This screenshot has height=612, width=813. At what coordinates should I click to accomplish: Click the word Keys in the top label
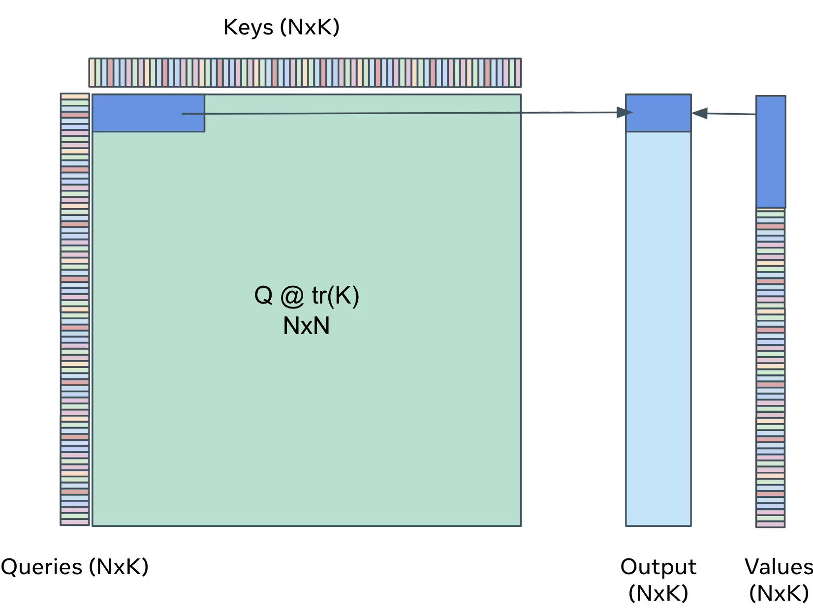(x=248, y=28)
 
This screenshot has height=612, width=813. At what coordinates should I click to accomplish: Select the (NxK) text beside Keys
(x=310, y=27)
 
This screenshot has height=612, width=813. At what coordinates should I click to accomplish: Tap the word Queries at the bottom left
(x=41, y=567)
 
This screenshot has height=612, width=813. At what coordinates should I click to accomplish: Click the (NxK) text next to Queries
(x=119, y=566)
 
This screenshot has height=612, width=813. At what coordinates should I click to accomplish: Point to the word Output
(x=658, y=567)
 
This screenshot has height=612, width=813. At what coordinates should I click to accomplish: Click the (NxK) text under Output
(x=658, y=593)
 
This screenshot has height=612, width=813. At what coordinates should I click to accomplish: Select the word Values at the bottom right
(x=779, y=567)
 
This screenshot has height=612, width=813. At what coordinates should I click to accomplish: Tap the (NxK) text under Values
(x=779, y=593)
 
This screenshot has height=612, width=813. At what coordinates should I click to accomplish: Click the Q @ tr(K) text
(x=307, y=296)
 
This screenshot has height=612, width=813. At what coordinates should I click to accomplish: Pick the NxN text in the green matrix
(x=306, y=326)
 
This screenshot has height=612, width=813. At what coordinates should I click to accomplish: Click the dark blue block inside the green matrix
(x=148, y=113)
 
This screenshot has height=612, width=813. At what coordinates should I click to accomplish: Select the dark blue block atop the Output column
(x=658, y=113)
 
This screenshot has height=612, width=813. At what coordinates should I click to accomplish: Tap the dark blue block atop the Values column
(x=771, y=152)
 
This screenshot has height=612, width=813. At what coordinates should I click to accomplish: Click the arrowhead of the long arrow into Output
(x=625, y=113)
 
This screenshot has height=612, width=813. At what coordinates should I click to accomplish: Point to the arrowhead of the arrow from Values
(x=699, y=113)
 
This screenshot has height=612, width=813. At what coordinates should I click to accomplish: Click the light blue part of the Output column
(x=658, y=329)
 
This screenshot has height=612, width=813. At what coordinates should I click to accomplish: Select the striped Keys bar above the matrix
(x=305, y=73)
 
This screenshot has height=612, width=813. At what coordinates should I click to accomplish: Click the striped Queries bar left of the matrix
(x=75, y=309)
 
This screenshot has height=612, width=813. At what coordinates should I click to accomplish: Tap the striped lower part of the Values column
(x=770, y=367)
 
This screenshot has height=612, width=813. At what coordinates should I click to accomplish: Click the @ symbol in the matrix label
(x=292, y=297)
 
